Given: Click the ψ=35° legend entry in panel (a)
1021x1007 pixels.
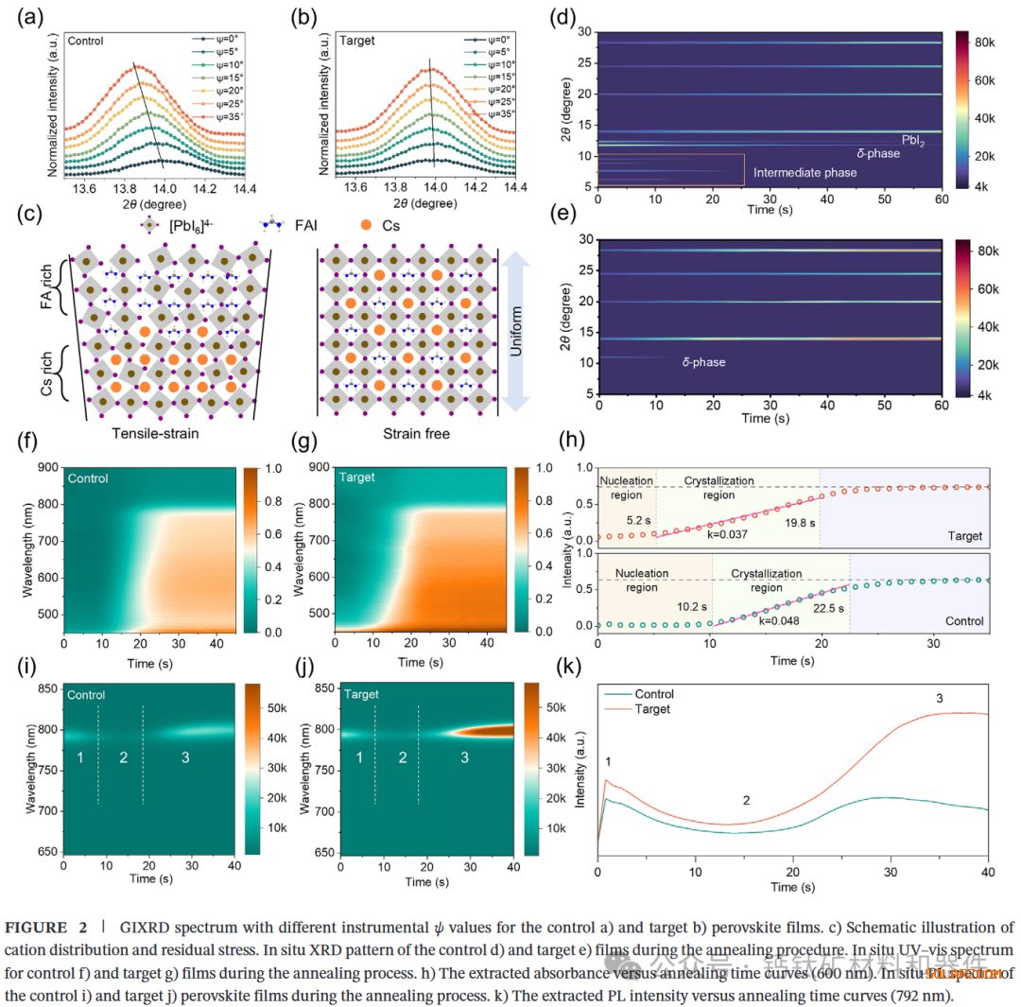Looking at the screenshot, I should coord(216,113).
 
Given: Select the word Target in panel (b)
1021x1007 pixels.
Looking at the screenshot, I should coord(356,41).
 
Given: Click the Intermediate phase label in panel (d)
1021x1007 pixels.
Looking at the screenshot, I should coord(805,173).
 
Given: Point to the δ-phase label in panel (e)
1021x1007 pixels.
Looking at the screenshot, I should coord(703,361).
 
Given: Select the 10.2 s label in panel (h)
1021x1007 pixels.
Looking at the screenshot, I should coord(690,603).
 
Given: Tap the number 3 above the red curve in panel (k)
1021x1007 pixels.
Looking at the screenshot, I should coord(939,698).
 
